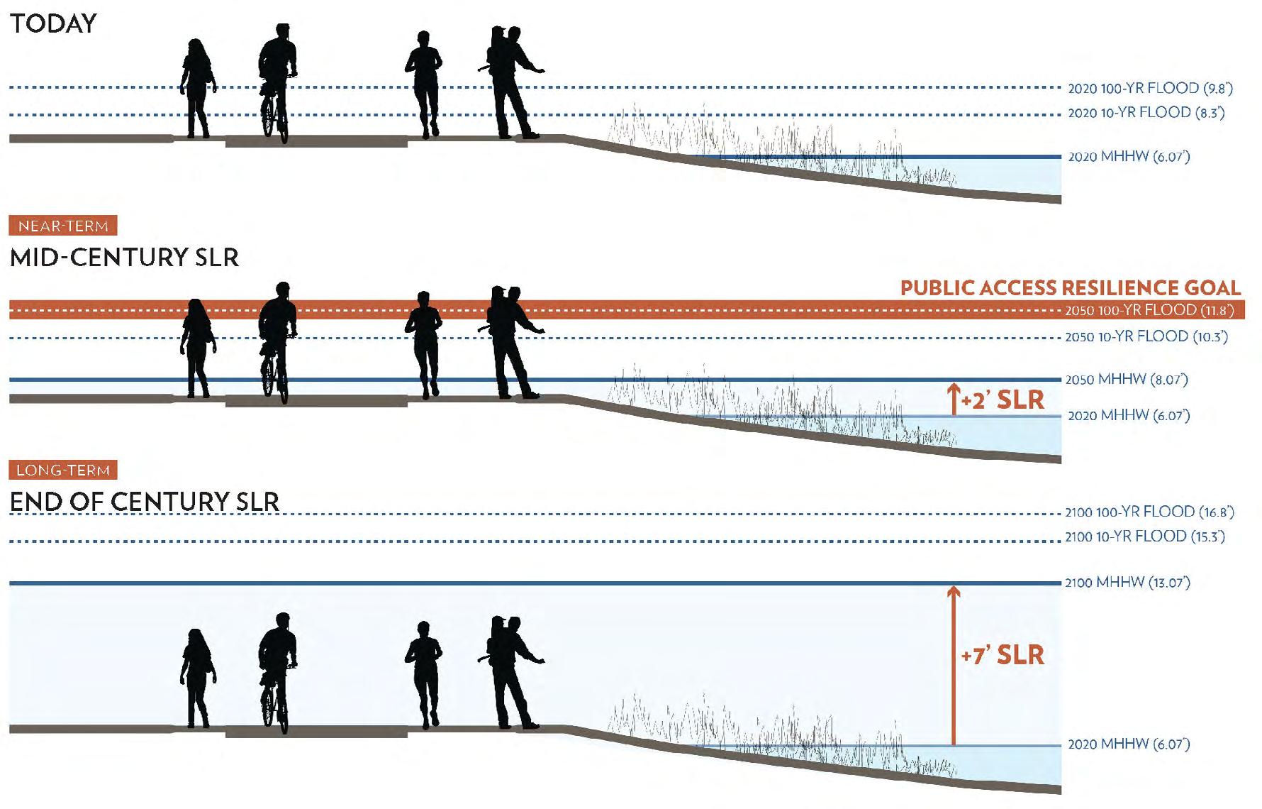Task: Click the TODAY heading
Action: pyautogui.click(x=53, y=23)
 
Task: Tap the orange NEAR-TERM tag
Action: pyautogui.click(x=63, y=226)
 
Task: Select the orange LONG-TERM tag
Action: pyautogui.click(x=63, y=470)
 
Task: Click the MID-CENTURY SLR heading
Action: pyautogui.click(x=124, y=257)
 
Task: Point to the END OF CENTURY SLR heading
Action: pyautogui.click(x=144, y=502)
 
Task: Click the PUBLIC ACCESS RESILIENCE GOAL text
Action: pyautogui.click(x=1070, y=287)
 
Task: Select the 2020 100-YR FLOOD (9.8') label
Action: pyautogui.click(x=1150, y=89)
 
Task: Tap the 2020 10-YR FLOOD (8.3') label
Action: pyautogui.click(x=1146, y=113)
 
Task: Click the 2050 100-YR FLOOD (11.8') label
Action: pyautogui.click(x=1149, y=310)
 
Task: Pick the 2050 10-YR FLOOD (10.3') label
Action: pyautogui.click(x=1146, y=336)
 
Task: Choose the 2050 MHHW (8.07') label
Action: pyautogui.click(x=1127, y=379)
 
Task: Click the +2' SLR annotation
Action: pyautogui.click(x=1003, y=400)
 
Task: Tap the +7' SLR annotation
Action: pyautogui.click(x=1003, y=655)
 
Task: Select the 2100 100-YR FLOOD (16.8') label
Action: pyautogui.click(x=1149, y=512)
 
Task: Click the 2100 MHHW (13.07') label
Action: pyautogui.click(x=1127, y=583)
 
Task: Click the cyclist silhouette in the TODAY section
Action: pyautogui.click(x=277, y=82)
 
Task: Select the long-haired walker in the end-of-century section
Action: pyautogui.click(x=197, y=678)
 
